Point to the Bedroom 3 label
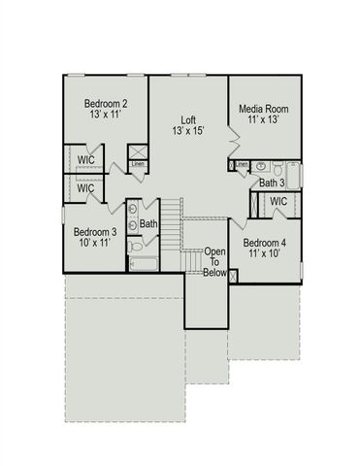[95, 231]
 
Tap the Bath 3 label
[272, 183]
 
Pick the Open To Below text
[214, 262]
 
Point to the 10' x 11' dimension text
[95, 243]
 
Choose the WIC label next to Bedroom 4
[279, 201]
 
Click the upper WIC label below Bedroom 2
[85, 157]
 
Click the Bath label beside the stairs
[148, 225]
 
